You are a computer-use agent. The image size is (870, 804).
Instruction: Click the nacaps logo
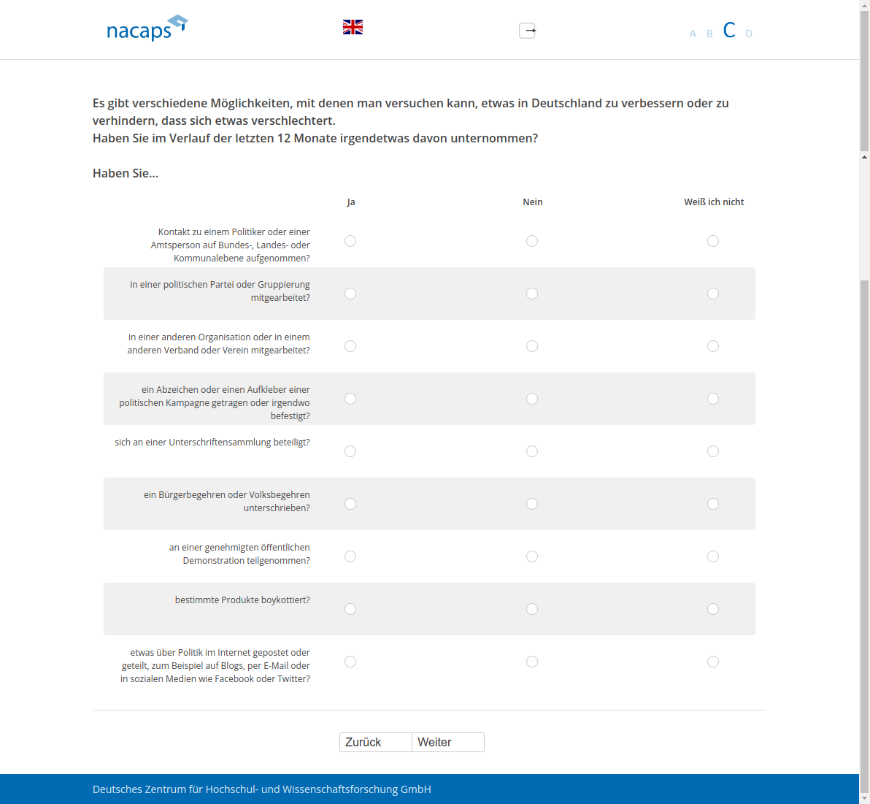146,28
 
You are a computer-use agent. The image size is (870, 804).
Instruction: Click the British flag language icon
353,27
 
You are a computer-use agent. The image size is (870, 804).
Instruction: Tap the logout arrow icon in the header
528,31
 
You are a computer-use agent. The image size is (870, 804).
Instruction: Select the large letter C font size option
728,30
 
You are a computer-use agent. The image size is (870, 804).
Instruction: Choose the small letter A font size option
693,34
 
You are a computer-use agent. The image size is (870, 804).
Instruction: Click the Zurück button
375,742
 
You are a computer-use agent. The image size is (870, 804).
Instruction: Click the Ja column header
351,202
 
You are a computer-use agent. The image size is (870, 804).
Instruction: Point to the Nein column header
533,202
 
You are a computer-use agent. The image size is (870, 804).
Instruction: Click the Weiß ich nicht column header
714,202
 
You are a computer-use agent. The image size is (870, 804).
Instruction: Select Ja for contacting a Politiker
350,241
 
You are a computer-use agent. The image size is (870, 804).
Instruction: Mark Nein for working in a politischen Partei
532,294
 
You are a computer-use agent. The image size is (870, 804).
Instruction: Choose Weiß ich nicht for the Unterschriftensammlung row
713,451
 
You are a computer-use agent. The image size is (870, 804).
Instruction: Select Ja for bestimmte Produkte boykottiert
350,609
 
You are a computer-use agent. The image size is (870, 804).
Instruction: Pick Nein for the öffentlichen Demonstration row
532,556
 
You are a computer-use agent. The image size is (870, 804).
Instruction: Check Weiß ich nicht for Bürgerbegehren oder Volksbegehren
713,504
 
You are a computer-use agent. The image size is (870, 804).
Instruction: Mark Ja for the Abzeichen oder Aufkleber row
350,399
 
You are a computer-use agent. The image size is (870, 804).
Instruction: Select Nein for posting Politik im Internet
532,662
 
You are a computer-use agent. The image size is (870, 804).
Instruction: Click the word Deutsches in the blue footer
117,789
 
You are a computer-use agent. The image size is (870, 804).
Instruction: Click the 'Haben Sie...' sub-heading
126,173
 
